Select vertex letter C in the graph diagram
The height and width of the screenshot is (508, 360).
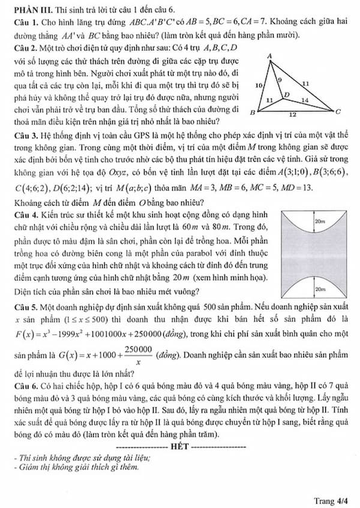[338, 112]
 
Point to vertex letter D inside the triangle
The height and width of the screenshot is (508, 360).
[286, 95]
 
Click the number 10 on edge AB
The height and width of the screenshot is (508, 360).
[259, 86]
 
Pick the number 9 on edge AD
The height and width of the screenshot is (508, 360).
[280, 79]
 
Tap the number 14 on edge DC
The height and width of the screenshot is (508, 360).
[305, 100]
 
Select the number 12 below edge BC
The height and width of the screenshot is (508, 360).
[292, 113]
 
